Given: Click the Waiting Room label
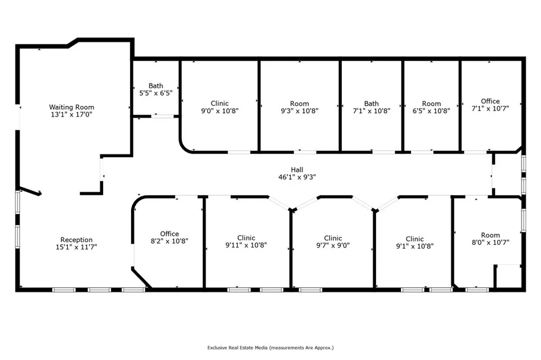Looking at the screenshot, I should [x=72, y=107].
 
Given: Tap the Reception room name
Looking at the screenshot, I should [x=77, y=240].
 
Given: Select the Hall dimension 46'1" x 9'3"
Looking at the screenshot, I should [x=297, y=177].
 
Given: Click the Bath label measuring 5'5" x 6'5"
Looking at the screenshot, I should [x=156, y=86].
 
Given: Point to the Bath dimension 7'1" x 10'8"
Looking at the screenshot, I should [x=371, y=111].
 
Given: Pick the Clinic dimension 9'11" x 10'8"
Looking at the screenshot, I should [x=246, y=245].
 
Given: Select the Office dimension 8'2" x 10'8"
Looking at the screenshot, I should [x=170, y=241].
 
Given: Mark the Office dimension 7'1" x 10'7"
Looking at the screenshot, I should [x=490, y=109].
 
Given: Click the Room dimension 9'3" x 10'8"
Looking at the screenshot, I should [x=300, y=111].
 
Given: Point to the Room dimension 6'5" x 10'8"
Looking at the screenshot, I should [x=431, y=111].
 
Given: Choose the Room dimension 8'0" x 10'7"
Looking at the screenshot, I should [x=490, y=243].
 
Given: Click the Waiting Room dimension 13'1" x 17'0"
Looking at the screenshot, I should [x=72, y=115].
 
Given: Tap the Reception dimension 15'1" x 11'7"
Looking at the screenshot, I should [x=77, y=247].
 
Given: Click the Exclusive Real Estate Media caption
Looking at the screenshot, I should [x=270, y=348].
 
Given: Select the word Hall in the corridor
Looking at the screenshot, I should [x=297, y=170].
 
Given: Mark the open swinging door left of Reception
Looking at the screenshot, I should [x=30, y=191].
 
